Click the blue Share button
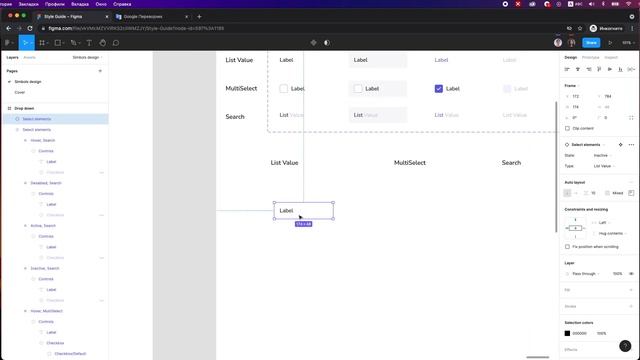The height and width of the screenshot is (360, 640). pos(590,43)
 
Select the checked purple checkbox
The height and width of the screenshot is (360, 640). pos(439,89)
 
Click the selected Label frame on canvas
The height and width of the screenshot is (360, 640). pos(303,211)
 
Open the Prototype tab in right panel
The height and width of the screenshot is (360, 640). pos(590,57)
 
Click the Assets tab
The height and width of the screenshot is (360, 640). pos(29,58)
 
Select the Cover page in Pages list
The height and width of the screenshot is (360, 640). pos(20,91)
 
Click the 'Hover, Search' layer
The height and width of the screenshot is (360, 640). pos(45,141)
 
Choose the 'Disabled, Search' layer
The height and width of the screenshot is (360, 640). pos(47,183)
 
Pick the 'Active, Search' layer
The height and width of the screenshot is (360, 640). pos(45,226)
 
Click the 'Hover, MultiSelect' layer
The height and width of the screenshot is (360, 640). pos(50,311)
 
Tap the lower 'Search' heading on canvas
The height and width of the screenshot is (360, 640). pos(511,162)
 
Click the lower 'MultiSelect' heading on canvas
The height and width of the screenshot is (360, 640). pos(410,162)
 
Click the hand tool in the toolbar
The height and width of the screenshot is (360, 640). pos(103,43)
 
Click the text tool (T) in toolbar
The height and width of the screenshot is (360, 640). pos(88,43)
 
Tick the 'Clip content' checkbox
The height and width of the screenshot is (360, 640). pos(568,129)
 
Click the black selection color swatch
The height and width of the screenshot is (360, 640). pos(568,333)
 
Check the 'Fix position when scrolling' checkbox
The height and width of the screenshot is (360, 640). pos(568,246)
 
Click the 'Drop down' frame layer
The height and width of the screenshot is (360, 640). pos(23,108)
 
